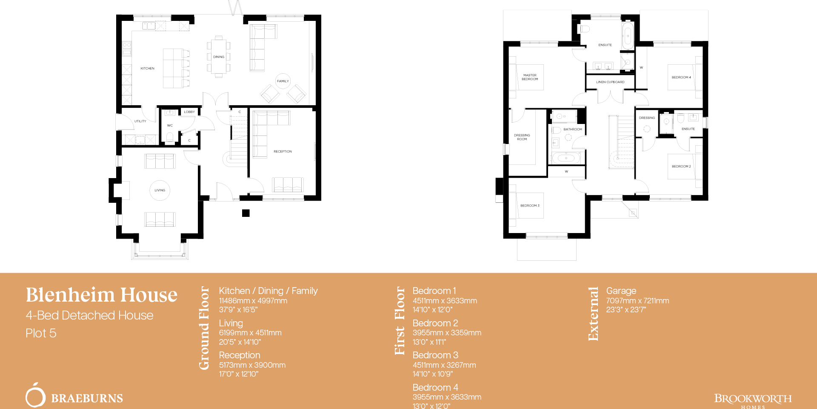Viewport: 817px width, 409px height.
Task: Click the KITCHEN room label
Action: coord(147,68)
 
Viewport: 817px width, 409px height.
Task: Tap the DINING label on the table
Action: coord(219,57)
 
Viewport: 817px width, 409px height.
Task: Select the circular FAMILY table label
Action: coord(283,81)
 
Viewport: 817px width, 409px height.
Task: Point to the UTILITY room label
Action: coord(140,121)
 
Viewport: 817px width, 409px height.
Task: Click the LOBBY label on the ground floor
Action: coord(189,112)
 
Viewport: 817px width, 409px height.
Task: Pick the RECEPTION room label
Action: coord(283,151)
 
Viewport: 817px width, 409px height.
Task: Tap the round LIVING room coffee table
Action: coord(160,190)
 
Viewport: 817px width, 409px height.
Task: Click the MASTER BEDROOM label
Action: coord(530,77)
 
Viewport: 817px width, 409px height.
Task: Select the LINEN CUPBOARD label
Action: coord(610,82)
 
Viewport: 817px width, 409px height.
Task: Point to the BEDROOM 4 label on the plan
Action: coord(681,77)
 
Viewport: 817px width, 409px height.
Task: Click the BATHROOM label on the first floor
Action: coord(573,129)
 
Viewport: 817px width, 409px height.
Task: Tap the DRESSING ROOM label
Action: coord(522,137)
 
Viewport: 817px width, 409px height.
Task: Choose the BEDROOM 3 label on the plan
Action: coord(530,205)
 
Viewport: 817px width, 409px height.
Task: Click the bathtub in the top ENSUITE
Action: coord(628,36)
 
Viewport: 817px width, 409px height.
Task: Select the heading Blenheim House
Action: coord(102,295)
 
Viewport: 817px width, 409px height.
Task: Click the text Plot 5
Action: coord(41,333)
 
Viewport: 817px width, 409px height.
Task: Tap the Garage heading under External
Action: coord(621,291)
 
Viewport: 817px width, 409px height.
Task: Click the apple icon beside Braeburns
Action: coord(35,396)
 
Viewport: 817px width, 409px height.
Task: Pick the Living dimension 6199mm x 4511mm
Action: coord(250,333)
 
